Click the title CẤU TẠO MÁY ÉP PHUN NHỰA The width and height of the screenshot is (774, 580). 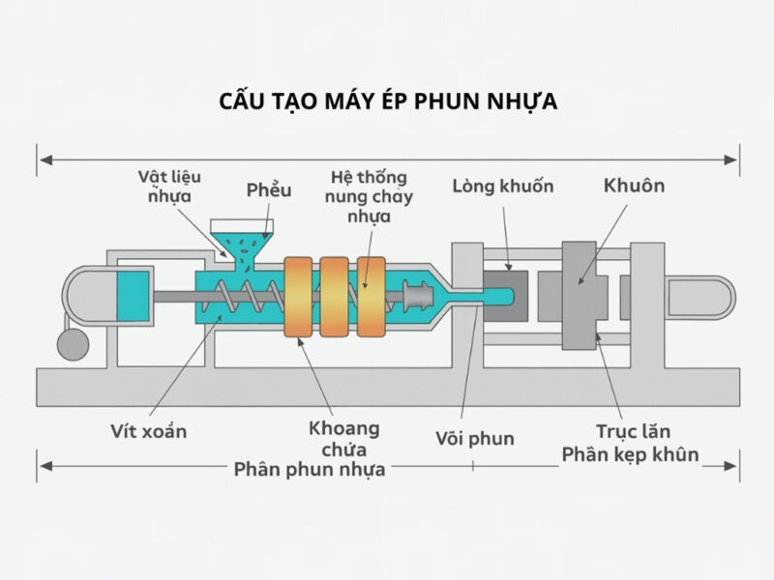pyautogui.click(x=387, y=102)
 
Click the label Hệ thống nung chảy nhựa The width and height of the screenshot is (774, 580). pyautogui.click(x=368, y=197)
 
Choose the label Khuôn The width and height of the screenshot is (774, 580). pyautogui.click(x=634, y=184)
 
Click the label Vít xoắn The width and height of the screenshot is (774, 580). pyautogui.click(x=148, y=431)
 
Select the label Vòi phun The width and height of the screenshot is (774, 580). pyautogui.click(x=474, y=438)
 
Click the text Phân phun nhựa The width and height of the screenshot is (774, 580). pyautogui.click(x=310, y=470)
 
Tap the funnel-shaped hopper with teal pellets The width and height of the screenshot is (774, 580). pyautogui.click(x=242, y=236)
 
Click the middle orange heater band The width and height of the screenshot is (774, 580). pyautogui.click(x=335, y=296)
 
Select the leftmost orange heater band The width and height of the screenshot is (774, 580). pyautogui.click(x=299, y=296)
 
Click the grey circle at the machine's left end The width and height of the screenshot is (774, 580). pyautogui.click(x=71, y=344)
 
